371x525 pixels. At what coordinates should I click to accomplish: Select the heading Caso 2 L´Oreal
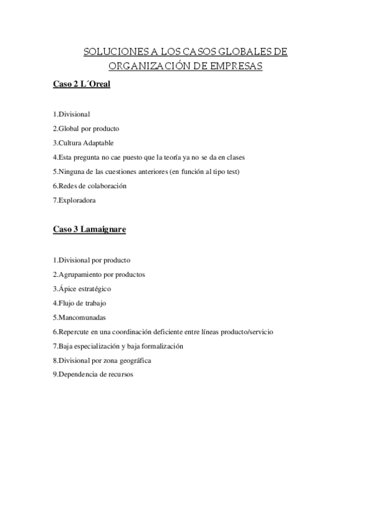[x=81, y=84]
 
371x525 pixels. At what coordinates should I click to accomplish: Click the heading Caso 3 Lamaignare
[x=90, y=230]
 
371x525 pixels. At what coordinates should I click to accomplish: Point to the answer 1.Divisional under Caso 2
[x=71, y=114]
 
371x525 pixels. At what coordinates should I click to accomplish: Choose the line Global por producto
[x=85, y=128]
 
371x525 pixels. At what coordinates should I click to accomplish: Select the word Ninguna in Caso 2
[x=70, y=171]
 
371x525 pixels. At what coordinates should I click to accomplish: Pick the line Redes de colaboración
[x=89, y=186]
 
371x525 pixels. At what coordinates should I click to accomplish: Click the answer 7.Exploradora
[x=74, y=200]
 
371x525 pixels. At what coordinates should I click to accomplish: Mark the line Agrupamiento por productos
[x=98, y=274]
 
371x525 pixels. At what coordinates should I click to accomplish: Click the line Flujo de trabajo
[x=79, y=303]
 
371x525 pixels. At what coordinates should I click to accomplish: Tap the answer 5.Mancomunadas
[x=79, y=317]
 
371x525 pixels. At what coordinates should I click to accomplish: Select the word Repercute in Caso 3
[x=74, y=332]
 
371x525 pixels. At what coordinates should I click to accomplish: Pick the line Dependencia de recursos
[x=93, y=375]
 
